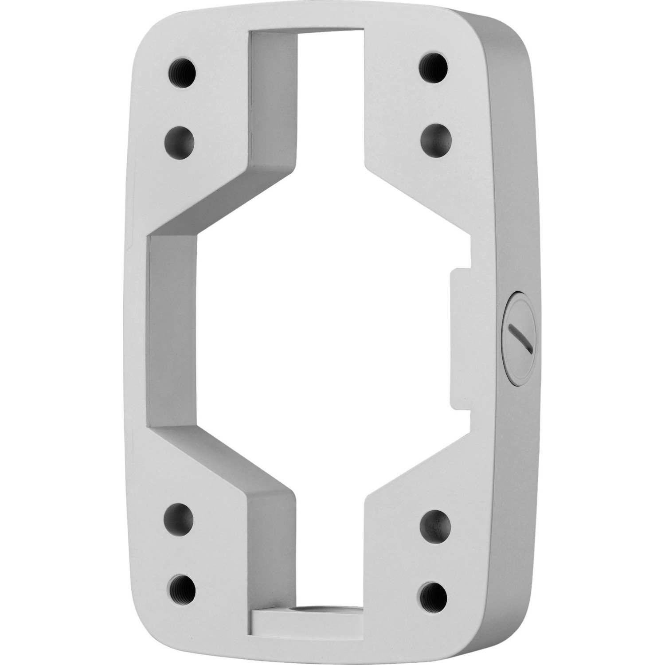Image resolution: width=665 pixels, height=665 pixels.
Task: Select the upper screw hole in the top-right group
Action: click(x=433, y=66)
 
